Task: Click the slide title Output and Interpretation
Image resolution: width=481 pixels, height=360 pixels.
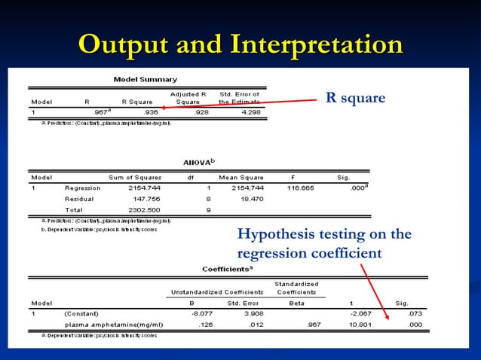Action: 240,44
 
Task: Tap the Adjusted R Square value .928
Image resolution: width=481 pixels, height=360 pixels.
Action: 198,112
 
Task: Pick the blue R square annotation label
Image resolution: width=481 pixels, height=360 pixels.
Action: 355,98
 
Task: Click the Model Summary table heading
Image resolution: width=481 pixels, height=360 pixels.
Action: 146,79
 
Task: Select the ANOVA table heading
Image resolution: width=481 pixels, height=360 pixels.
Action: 198,162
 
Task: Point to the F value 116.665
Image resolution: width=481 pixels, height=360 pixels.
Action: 299,188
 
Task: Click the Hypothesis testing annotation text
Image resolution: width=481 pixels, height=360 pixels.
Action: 324,243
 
